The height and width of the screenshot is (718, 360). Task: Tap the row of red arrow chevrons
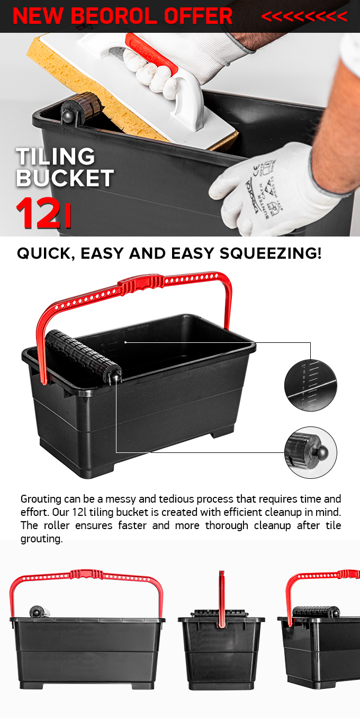(x=304, y=17)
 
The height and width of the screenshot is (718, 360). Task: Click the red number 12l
(x=43, y=213)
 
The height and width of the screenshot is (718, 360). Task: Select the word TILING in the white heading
(x=56, y=157)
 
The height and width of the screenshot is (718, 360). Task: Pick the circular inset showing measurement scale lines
(x=310, y=386)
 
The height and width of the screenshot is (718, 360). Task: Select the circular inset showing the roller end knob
(x=310, y=453)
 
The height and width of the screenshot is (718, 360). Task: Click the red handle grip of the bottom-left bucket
(x=86, y=574)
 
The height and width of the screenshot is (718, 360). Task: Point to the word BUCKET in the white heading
(x=65, y=178)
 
